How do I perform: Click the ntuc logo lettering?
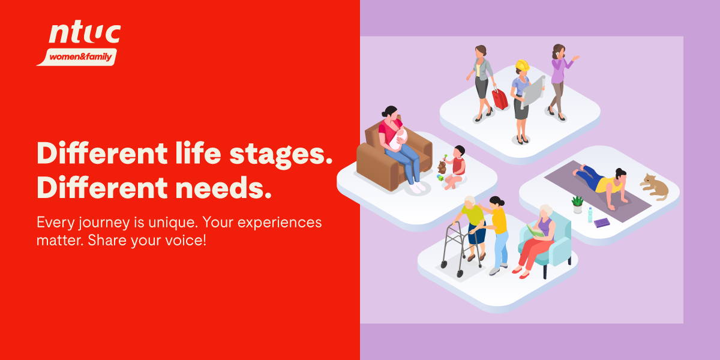click(85, 34)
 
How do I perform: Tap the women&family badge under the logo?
click(77, 57)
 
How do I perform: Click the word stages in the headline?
click(281, 154)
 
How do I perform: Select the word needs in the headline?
click(223, 188)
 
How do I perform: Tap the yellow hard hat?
click(523, 65)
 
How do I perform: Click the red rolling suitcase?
click(499, 98)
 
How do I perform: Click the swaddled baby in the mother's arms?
click(398, 139)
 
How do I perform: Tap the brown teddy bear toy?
click(442, 167)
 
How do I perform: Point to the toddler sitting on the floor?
click(456, 167)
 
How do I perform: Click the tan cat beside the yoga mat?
click(655, 187)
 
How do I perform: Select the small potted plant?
click(577, 205)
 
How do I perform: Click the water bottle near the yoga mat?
click(590, 215)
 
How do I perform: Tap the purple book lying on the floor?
click(601, 223)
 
